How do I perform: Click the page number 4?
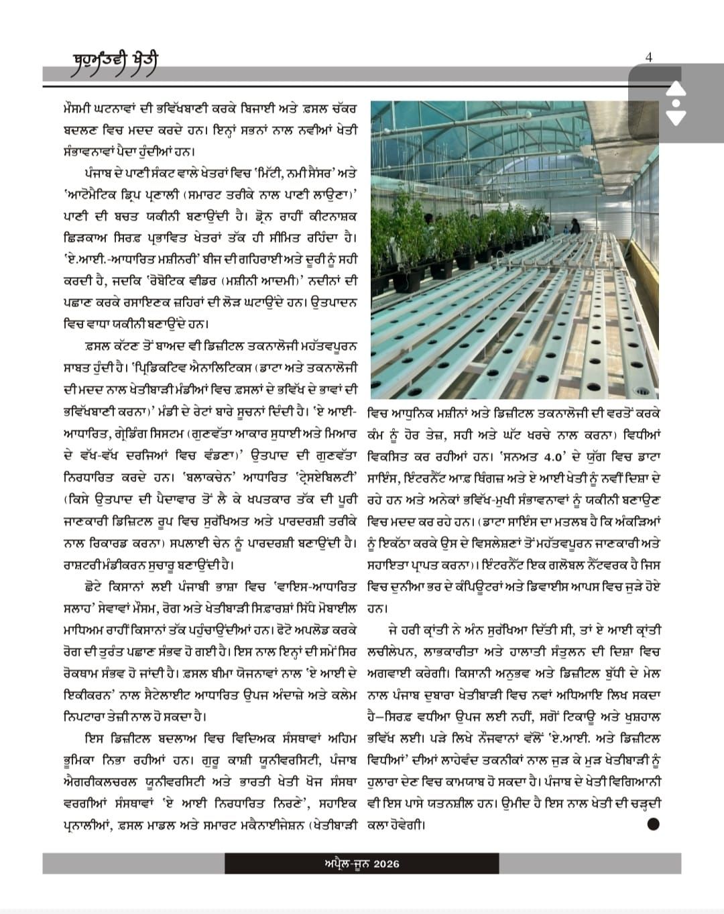tap(648, 58)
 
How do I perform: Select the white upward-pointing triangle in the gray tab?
tap(676, 89)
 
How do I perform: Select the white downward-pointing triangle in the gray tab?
tap(676, 118)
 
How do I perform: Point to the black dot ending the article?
tap(654, 825)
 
